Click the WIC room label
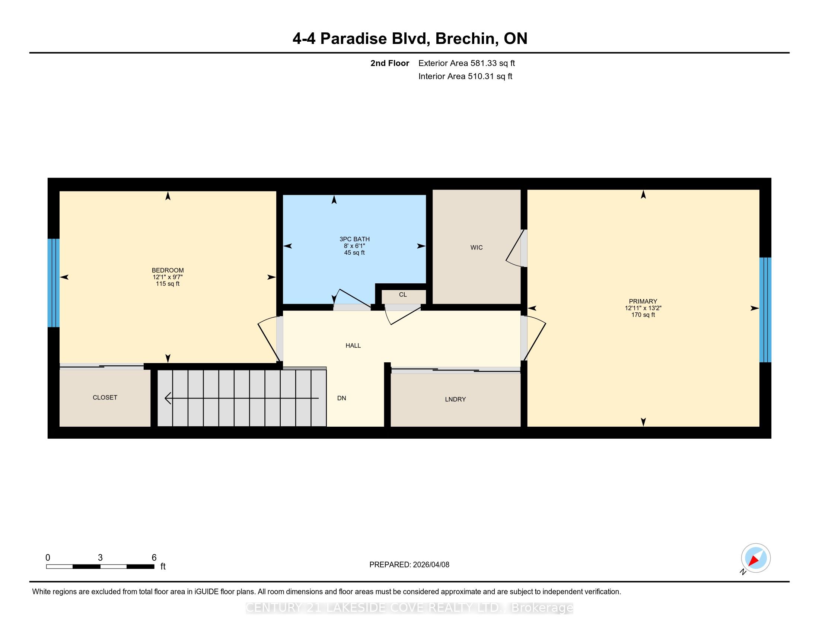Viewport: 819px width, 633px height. tap(476, 248)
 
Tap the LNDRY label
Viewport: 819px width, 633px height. tap(455, 400)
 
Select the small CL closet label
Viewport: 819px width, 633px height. tap(403, 295)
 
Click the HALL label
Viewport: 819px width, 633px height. tap(353, 346)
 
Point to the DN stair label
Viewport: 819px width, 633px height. tap(341, 398)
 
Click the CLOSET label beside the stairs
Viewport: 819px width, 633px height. tap(105, 398)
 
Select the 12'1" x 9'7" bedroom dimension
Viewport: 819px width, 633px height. tap(168, 277)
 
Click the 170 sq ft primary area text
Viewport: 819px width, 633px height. tap(643, 315)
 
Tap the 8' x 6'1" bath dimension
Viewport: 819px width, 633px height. tap(354, 246)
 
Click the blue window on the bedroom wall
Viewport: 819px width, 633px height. tap(54, 283)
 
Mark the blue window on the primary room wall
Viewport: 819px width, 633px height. tap(765, 310)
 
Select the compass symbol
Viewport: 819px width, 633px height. tap(756, 558)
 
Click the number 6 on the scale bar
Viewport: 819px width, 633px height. tap(154, 558)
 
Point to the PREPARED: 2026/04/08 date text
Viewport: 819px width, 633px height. tap(409, 565)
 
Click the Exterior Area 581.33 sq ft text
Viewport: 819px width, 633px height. tap(466, 63)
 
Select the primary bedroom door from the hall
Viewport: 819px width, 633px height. tap(533, 338)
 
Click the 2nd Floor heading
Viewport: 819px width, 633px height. tap(390, 63)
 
